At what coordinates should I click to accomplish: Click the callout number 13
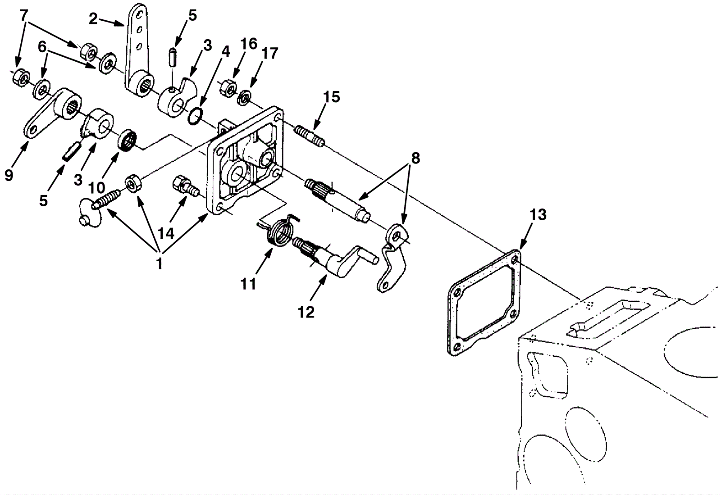click(538, 215)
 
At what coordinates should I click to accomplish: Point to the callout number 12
click(306, 312)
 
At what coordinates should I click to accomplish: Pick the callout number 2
click(93, 19)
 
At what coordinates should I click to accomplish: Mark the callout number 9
click(9, 175)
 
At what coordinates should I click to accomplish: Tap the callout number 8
click(415, 159)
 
